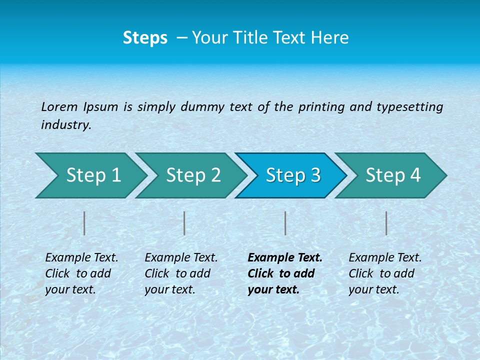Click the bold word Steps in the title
145,38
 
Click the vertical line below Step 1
84,223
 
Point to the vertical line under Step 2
184,223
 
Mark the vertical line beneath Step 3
285,223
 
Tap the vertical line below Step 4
386,223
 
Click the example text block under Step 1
81,273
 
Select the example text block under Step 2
181,273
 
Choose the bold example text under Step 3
285,273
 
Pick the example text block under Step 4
385,273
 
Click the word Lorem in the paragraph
59,107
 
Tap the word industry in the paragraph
66,125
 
